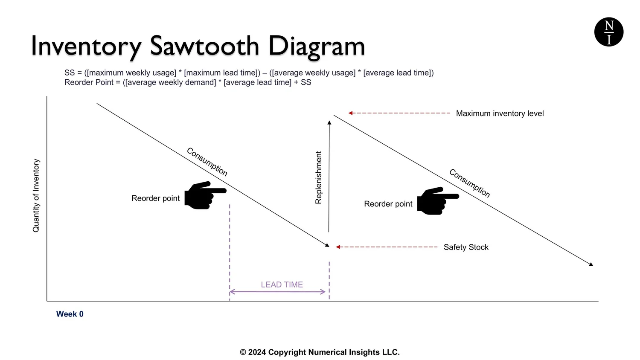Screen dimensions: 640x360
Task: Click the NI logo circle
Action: point(609,32)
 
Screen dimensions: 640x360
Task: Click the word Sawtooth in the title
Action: point(204,46)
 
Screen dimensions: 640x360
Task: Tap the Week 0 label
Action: point(70,314)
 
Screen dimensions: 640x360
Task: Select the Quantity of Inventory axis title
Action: point(36,195)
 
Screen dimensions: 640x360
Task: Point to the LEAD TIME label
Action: point(282,285)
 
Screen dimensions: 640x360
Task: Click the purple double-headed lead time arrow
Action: point(277,292)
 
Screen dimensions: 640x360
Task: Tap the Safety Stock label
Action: point(466,247)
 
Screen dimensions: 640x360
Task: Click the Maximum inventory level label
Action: point(500,113)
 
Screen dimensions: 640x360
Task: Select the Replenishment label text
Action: point(318,177)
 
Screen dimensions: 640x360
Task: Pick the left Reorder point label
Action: point(155,198)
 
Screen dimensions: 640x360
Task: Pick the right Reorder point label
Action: point(388,204)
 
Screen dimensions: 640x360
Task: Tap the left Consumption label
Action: point(207,162)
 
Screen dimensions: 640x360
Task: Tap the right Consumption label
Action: point(469,183)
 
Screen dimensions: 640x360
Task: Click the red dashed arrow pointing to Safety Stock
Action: point(386,247)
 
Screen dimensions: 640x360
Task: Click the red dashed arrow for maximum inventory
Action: point(399,113)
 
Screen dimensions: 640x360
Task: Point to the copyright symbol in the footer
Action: point(243,352)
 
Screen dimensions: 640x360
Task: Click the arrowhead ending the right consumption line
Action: point(591,264)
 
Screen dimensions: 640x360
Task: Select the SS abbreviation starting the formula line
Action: point(70,73)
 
